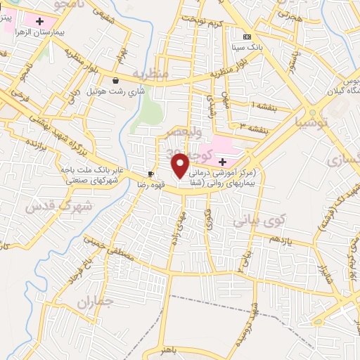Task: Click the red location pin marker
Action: tap(181, 165)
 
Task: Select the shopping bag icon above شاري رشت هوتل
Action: tap(115, 80)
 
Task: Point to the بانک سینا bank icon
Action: tap(246, 37)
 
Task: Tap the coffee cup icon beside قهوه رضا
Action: tap(150, 174)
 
